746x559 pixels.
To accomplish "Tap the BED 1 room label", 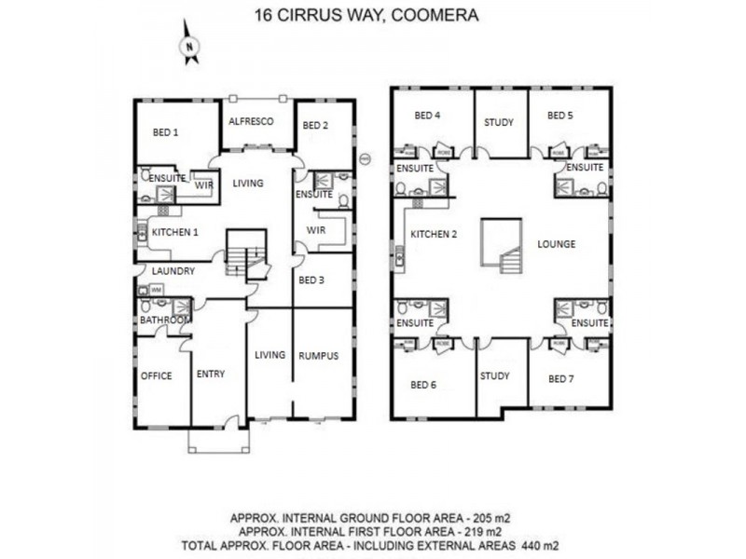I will pos(165,133).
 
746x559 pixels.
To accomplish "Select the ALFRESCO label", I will pos(250,122).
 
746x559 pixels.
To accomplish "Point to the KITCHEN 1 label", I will pos(176,231).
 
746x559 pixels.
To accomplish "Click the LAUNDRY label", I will pos(173,271).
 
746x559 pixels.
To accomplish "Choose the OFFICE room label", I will pos(156,375).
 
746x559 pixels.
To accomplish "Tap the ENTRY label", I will pos(211,374).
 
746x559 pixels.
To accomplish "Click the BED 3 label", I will pos(311,279).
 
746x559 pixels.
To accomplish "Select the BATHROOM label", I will pos(165,320).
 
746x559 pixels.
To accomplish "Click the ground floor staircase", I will pos(246,254).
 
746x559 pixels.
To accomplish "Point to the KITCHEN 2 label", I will pos(434,234).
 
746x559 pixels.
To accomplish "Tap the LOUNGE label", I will pos(557,244).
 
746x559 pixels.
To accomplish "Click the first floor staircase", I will pos(502,246).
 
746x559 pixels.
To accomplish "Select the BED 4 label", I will pos(427,116).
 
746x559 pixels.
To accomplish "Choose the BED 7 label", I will pos(560,378).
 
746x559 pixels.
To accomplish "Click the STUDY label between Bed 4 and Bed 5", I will pos(499,122).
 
